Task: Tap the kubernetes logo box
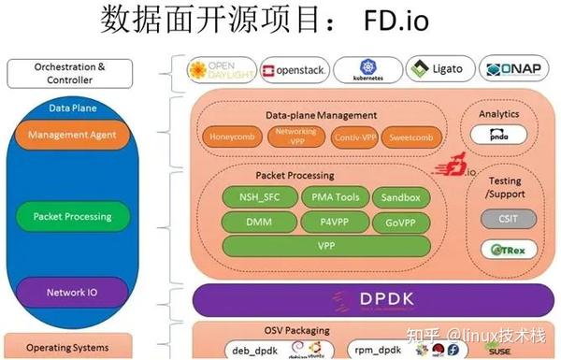click(367, 70)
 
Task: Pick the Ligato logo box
click(438, 70)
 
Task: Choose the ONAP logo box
click(511, 70)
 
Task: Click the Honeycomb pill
click(230, 137)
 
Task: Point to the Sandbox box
click(401, 197)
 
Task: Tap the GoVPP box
click(401, 223)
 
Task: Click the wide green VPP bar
click(326, 247)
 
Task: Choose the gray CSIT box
click(506, 219)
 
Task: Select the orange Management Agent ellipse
click(72, 136)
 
